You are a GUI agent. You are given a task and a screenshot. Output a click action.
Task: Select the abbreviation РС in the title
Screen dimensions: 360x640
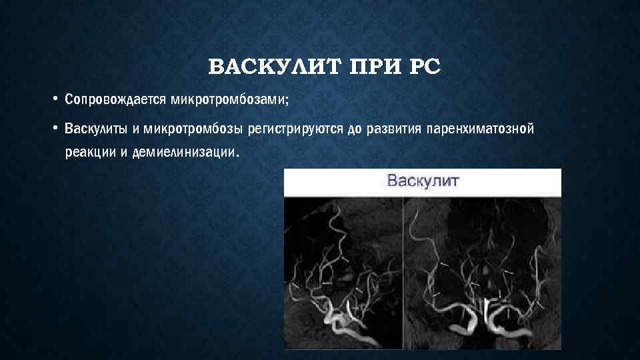tap(421, 68)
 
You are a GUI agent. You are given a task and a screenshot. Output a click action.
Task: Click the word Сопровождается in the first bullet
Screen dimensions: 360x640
tap(116, 100)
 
